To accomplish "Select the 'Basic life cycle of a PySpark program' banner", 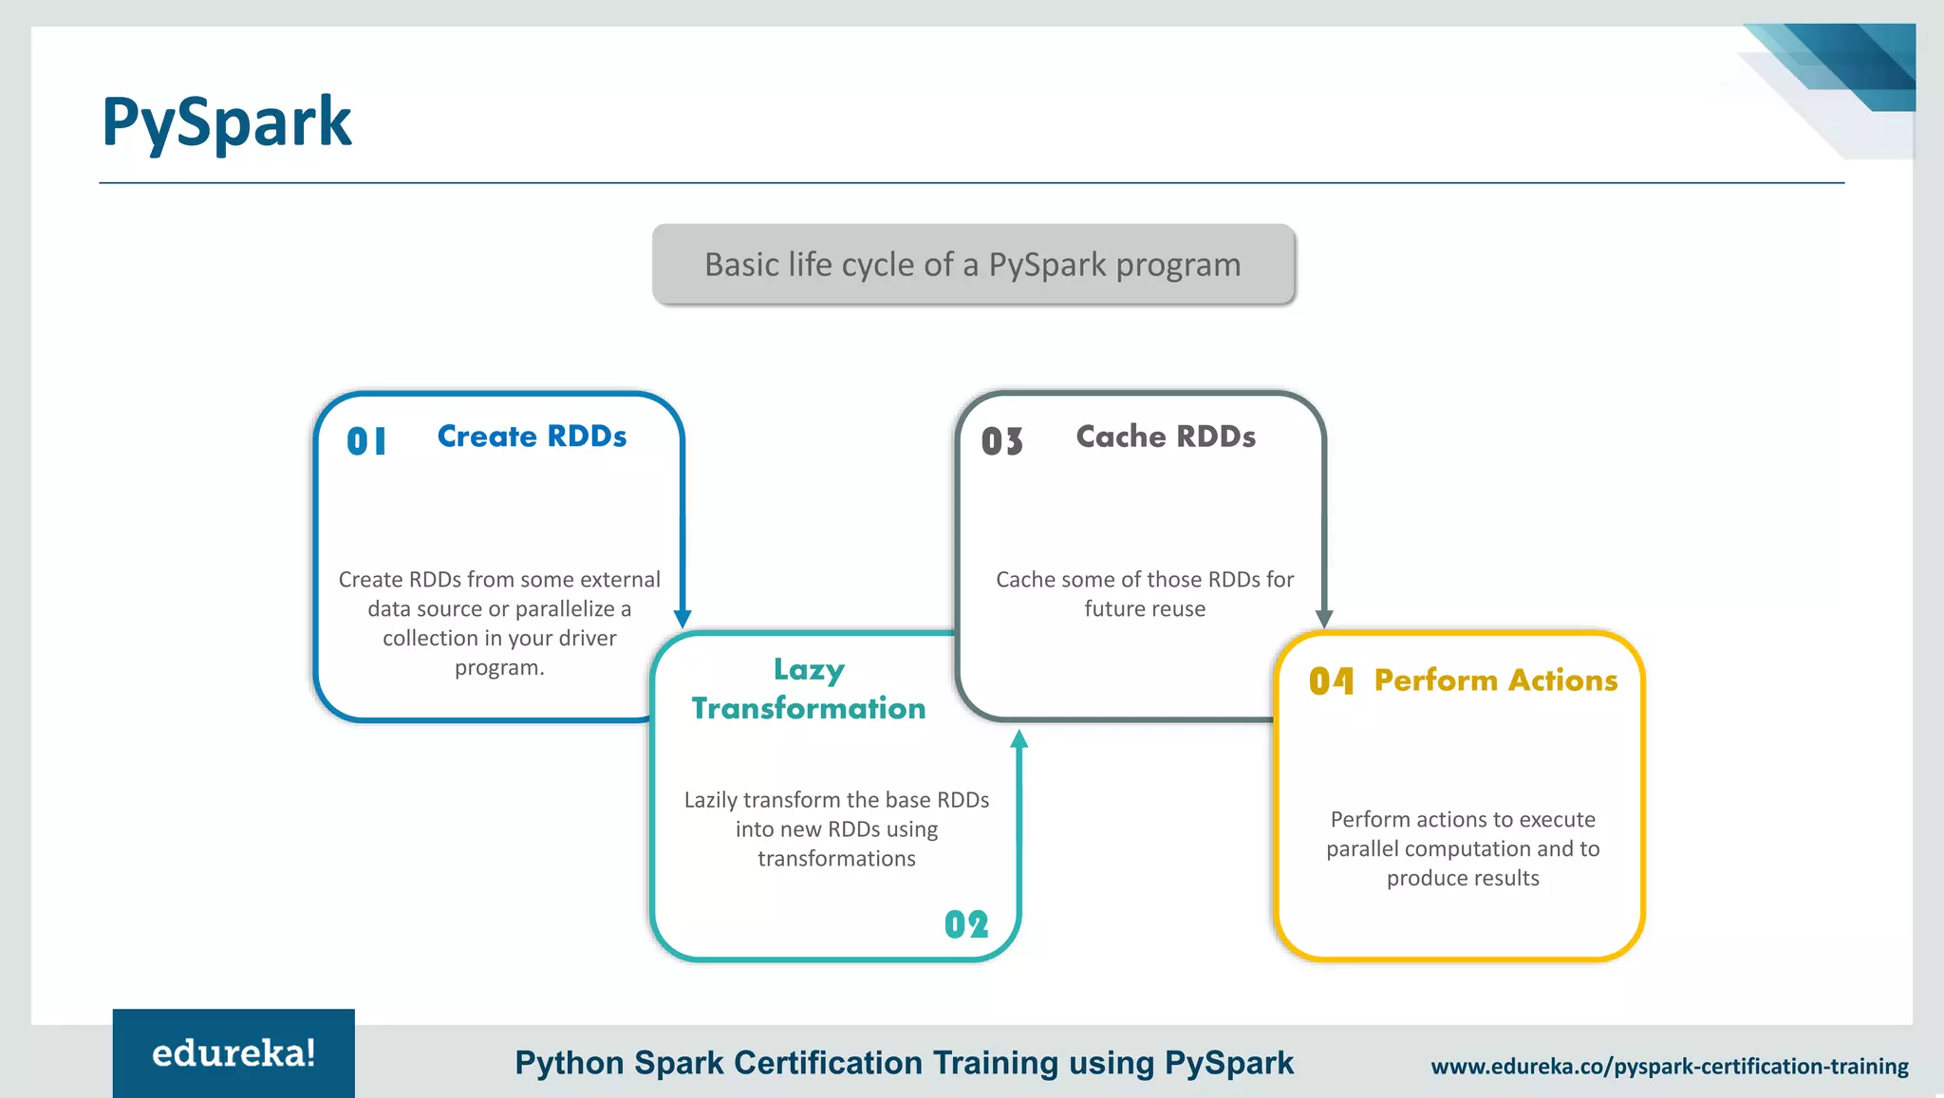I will point(973,265).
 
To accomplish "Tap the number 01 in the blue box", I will point(366,441).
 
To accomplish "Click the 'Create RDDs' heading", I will point(532,437).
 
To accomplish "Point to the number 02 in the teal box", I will point(966,924).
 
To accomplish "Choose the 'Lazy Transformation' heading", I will point(809,690).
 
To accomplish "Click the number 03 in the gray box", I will point(1002,441).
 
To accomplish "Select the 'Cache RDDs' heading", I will point(1166,437).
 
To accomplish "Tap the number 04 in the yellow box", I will point(1331,680).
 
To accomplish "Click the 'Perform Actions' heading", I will point(1496,680).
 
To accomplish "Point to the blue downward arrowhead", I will point(682,619).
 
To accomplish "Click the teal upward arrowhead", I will point(1019,738).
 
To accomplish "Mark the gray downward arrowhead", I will point(1324,619).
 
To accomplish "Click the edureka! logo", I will point(234,1053).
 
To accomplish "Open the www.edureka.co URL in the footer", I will point(1670,1067).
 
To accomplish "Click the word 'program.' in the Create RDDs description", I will point(499,668).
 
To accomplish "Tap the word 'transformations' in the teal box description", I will point(836,859).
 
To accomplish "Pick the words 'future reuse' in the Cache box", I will point(1145,609).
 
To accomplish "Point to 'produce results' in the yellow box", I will point(1463,879).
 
